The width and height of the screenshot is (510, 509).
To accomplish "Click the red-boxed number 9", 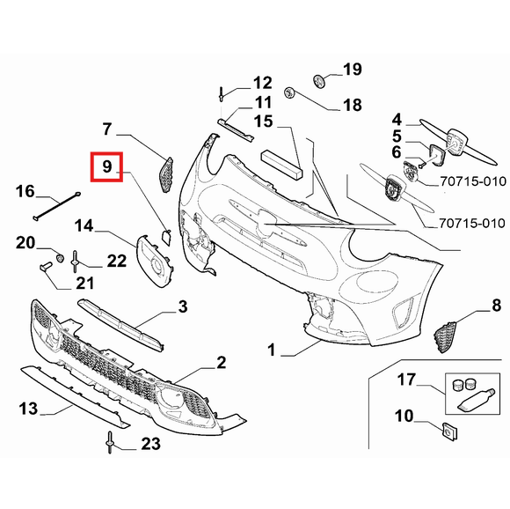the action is (x=107, y=166).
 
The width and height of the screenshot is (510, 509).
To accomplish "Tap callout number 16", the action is (x=25, y=191).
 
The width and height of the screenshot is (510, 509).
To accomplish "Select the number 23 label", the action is (x=150, y=444).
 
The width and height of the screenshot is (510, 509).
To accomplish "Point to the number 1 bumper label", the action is (x=271, y=350).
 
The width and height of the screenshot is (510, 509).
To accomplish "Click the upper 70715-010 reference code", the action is (x=473, y=181).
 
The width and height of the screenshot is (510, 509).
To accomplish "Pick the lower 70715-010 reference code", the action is (x=472, y=224).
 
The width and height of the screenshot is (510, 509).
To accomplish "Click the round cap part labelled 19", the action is (x=318, y=80).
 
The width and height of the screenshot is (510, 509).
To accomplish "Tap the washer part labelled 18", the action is (x=289, y=93).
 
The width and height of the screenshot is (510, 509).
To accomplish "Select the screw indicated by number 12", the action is (x=222, y=93).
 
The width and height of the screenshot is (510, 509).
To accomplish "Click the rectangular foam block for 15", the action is (x=282, y=165).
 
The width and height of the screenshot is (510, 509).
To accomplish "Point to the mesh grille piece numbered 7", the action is (x=166, y=174).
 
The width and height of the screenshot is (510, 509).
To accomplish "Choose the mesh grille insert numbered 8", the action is (x=445, y=336).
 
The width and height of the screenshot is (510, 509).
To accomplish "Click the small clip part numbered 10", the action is (x=449, y=432).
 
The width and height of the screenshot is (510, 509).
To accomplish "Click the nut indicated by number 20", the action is (x=60, y=258).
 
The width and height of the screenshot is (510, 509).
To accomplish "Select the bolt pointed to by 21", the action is (x=45, y=266).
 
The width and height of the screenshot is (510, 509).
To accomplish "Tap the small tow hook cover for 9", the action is (x=166, y=237).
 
